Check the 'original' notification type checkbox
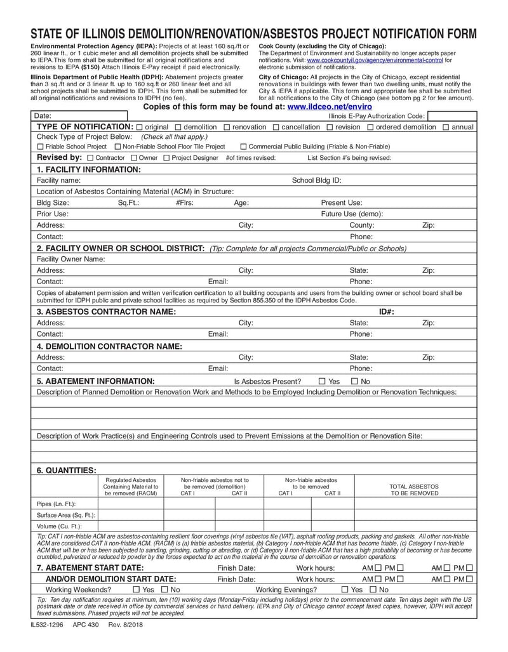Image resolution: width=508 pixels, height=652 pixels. coord(140,127)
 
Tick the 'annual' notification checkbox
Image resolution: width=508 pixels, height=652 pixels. coord(446,127)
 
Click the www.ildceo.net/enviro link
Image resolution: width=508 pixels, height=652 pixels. coord(330,107)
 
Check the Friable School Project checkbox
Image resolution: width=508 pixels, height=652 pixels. coord(40,147)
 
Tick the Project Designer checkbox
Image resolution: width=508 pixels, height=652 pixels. coord(167,158)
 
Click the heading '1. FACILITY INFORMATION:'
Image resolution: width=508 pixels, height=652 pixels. coord(88,169)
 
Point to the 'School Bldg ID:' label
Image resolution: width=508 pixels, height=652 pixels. coord(316,180)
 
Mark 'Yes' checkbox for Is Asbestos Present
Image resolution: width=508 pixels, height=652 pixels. coord(322,381)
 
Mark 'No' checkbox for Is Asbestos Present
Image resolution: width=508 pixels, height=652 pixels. coord(355,381)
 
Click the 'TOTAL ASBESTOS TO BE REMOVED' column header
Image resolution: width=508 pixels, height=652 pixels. coord(414,490)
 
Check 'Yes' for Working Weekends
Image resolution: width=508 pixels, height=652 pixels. coord(137,590)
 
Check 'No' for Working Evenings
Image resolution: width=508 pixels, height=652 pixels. coord(373,590)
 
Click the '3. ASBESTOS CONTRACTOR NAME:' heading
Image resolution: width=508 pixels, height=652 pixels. coord(106,311)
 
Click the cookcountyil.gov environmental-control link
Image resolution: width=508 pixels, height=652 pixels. coord(375,60)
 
